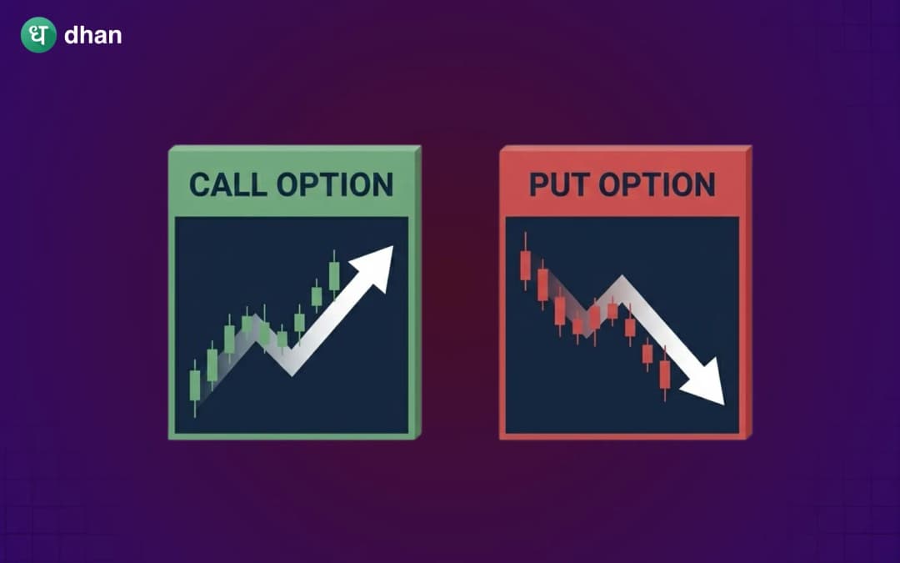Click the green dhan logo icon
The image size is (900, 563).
click(x=38, y=35)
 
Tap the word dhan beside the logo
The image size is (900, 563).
click(x=92, y=36)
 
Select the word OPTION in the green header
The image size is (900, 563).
click(x=335, y=184)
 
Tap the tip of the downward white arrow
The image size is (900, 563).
click(x=722, y=404)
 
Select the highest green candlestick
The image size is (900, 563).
click(x=334, y=275)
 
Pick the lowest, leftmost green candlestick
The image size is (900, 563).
click(x=195, y=386)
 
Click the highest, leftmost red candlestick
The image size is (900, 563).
click(x=525, y=265)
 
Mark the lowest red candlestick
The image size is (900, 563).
click(x=664, y=374)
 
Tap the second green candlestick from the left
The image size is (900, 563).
click(x=212, y=364)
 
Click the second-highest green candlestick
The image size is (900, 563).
click(x=317, y=295)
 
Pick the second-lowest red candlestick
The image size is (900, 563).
click(x=647, y=354)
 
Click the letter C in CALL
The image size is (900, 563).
click(x=197, y=184)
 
